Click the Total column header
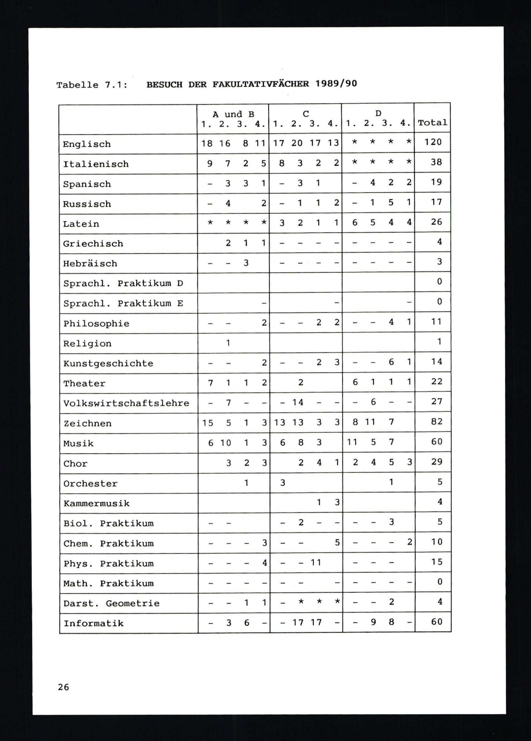[432, 123]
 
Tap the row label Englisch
[87, 144]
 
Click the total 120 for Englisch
[433, 142]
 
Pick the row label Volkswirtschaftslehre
[126, 403]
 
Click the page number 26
[63, 687]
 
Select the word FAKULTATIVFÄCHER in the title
[260, 84]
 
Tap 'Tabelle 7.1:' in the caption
[92, 85]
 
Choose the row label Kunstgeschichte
[108, 363]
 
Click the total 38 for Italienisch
[436, 162]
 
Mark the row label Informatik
[93, 623]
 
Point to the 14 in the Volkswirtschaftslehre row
[298, 402]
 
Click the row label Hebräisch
[90, 263]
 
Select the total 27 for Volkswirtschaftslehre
[436, 401]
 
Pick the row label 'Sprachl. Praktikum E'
[123, 303]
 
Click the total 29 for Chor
[436, 462]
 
